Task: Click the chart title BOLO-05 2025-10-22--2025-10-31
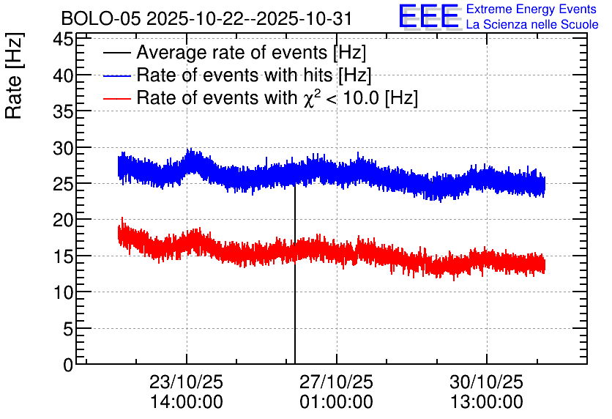coord(207,18)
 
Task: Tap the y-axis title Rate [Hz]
coord(14,75)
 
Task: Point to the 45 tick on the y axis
coord(63,39)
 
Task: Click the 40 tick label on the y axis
coord(63,75)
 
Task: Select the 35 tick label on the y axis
coord(63,111)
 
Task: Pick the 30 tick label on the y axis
coord(63,149)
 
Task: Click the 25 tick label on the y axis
coord(63,185)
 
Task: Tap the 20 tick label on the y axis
coord(63,220)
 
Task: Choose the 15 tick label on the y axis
coord(63,256)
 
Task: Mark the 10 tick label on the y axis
coord(63,292)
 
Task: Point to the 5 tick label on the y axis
coord(68,329)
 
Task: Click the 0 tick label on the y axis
coord(68,365)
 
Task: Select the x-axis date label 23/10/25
coord(186,382)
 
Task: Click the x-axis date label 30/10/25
coord(486,382)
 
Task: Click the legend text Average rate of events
coord(232,52)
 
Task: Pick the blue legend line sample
coord(116,75)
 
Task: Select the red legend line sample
coord(116,98)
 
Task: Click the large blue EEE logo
coord(428,16)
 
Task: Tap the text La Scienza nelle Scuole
coord(532,25)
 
